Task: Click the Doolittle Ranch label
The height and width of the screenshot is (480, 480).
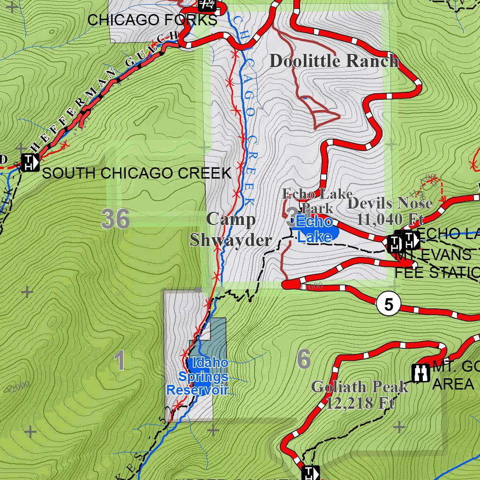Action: point(334,61)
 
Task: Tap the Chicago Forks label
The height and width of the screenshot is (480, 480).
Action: point(152,20)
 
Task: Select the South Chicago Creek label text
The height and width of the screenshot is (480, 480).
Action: point(137,173)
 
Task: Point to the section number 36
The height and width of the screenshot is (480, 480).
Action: point(115,219)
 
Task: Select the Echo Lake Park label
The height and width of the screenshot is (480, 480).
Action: point(317,200)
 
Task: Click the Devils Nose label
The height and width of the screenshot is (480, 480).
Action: point(390,203)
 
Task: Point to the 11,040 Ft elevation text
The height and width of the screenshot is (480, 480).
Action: point(390,219)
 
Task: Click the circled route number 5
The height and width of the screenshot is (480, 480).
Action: point(389,305)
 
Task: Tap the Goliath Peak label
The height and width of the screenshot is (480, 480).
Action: point(360,387)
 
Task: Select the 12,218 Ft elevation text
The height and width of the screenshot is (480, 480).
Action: point(360,403)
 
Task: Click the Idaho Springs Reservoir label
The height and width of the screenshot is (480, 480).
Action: point(198,376)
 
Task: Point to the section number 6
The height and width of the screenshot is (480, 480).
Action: point(304,360)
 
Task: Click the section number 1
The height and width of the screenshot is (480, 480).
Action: point(120,361)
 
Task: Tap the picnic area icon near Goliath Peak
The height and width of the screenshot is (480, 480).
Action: point(420,373)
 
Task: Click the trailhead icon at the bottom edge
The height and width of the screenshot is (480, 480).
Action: point(311,472)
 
